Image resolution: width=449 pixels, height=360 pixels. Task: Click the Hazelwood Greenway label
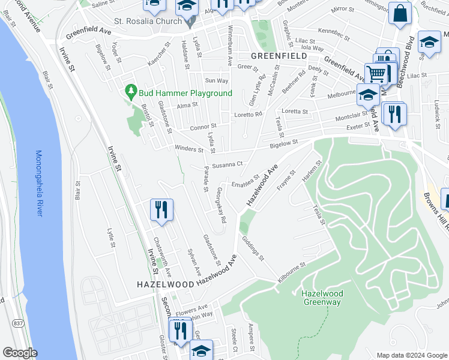321,298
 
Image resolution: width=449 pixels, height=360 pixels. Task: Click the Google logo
20,353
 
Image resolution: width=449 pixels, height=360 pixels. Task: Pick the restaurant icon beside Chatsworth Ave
161,210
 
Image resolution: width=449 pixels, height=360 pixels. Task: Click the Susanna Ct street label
226,163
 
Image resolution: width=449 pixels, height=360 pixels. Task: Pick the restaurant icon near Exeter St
394,114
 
